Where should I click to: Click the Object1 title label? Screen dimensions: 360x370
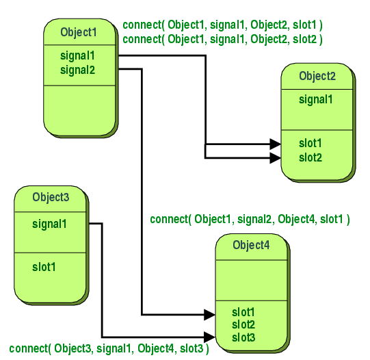point(79,32)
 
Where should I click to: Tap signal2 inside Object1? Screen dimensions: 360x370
point(77,69)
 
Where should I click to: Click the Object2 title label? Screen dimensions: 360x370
point(317,76)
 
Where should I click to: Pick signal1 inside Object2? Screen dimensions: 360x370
point(316,99)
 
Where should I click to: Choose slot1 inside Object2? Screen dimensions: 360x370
point(310,144)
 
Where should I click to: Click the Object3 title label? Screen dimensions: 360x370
point(51,197)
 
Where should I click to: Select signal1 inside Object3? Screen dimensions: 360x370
point(50,223)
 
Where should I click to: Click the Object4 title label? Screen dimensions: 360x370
point(251,245)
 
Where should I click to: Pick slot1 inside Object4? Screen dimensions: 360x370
point(243,312)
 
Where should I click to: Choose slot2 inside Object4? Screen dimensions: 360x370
point(243,324)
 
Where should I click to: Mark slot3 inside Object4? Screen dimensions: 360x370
point(243,337)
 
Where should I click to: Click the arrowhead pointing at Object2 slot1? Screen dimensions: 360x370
point(275,144)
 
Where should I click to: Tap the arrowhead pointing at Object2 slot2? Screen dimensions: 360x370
point(275,157)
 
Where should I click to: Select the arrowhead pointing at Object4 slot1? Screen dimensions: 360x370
point(209,315)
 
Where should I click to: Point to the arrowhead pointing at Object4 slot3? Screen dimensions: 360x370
point(209,337)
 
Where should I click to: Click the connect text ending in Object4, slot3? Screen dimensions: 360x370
point(109,349)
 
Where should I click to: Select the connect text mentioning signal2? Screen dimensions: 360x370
point(250,219)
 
